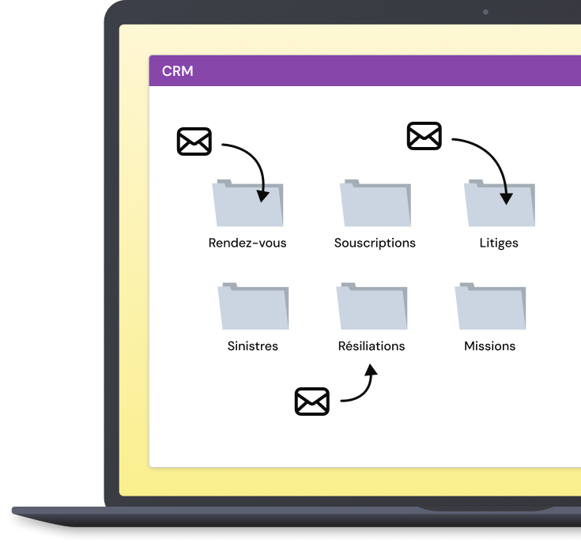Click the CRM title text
click(178, 71)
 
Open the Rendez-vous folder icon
click(247, 203)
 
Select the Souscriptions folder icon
click(375, 203)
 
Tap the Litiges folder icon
click(500, 203)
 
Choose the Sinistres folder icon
click(253, 306)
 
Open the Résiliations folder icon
click(372, 306)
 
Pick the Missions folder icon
click(490, 306)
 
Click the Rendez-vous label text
click(247, 243)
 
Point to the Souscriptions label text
click(375, 243)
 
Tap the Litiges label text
click(499, 243)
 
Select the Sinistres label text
click(253, 346)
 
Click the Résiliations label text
click(372, 345)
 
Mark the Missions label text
click(490, 346)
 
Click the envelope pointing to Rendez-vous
click(194, 141)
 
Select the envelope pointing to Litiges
click(424, 136)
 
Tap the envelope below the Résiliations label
click(312, 402)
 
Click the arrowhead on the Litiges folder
click(506, 199)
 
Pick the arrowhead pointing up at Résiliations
click(371, 370)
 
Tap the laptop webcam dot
click(486, 12)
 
